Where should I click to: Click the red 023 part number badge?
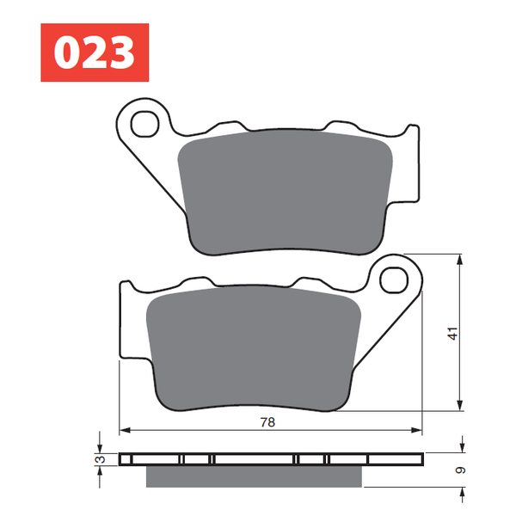95,52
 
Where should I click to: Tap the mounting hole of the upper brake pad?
144,124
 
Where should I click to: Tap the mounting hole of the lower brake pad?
394,280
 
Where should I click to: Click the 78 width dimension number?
267,422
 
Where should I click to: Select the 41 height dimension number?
453,334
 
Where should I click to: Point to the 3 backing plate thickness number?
101,459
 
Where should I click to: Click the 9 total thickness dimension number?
461,470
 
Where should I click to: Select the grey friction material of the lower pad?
254,349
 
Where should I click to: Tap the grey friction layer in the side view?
254,476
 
